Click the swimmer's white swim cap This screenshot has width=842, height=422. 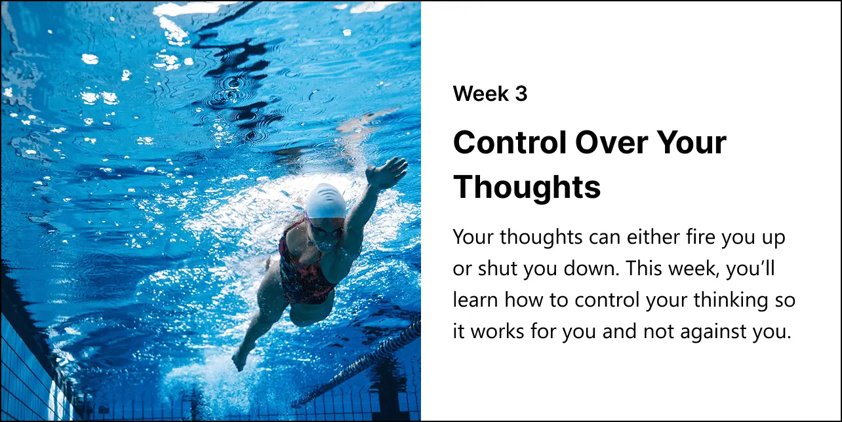tap(325, 201)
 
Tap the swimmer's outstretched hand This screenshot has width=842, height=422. tap(386, 172)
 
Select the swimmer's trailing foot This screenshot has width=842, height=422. tap(240, 360)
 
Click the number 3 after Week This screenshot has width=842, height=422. tap(521, 94)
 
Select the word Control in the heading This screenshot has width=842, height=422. tap(510, 142)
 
